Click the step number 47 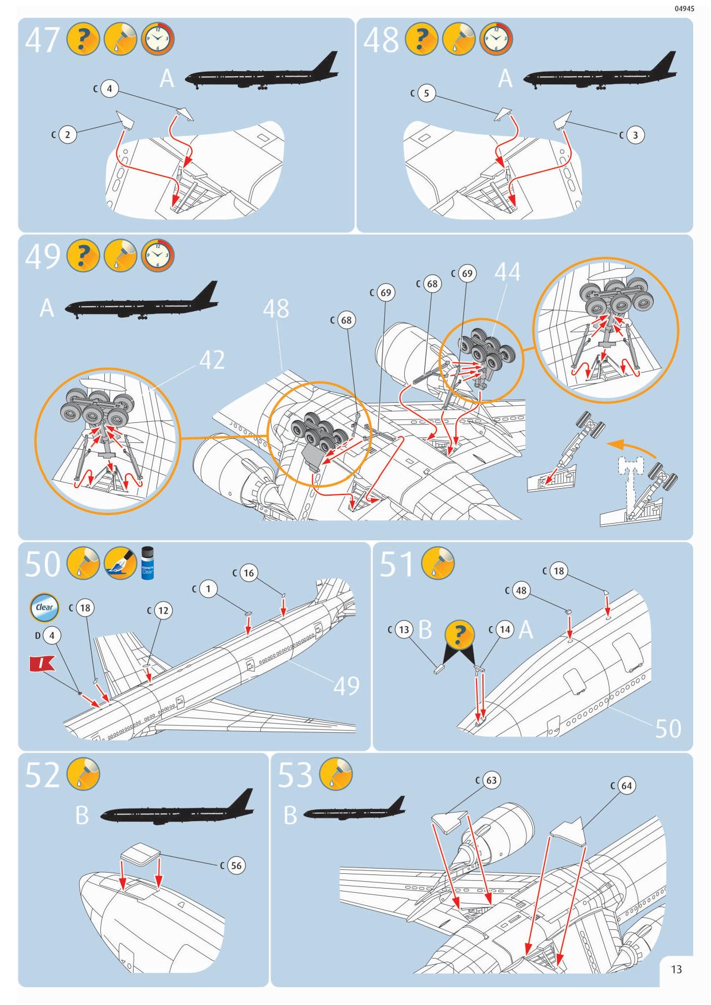[x=42, y=40]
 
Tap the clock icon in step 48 [x=496, y=40]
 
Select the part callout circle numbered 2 [x=68, y=135]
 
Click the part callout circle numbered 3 [x=635, y=135]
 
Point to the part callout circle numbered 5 [x=426, y=93]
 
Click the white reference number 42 [x=212, y=360]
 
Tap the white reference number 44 [x=507, y=271]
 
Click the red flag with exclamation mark [x=41, y=664]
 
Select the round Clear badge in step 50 [x=44, y=607]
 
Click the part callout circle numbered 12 [x=163, y=610]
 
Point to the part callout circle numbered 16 [x=248, y=573]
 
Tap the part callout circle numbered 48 [x=521, y=591]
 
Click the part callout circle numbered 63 [x=491, y=780]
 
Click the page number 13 [x=676, y=969]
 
